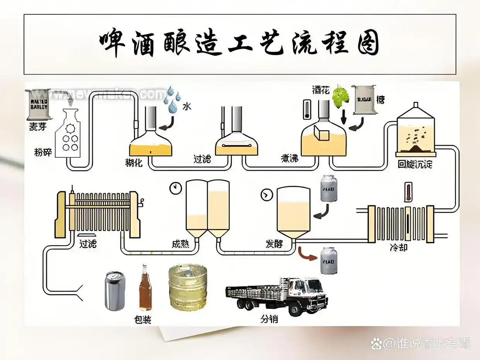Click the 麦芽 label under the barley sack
(x=38, y=127)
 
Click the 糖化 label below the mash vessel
(x=134, y=163)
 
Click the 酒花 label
(x=320, y=90)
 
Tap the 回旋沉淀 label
(x=415, y=164)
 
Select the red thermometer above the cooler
(x=407, y=192)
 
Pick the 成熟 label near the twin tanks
(x=180, y=244)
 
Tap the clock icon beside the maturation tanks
(x=175, y=188)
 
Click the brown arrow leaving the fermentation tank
(x=306, y=254)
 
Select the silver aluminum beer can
(x=115, y=291)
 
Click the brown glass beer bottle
(x=145, y=288)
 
